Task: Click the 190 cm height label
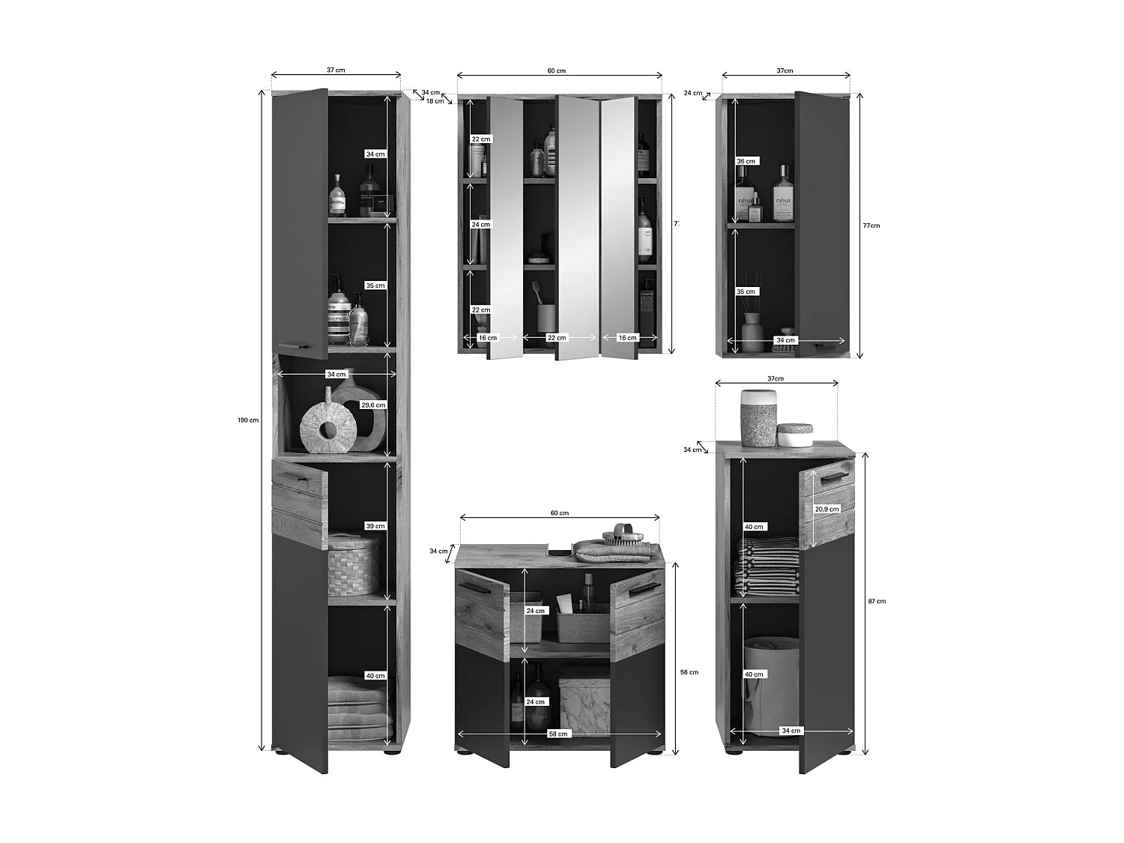pos(248,420)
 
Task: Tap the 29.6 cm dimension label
pos(373,405)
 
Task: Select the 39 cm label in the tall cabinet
pos(375,526)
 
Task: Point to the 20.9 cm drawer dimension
pos(827,509)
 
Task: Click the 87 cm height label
pos(877,601)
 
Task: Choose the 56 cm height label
pos(689,672)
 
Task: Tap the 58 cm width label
pos(558,734)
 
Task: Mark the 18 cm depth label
pos(435,101)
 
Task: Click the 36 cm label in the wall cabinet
pos(746,161)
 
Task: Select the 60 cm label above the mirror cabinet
pos(557,71)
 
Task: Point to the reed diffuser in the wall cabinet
pos(752,323)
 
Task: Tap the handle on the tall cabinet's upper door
pos(293,347)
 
